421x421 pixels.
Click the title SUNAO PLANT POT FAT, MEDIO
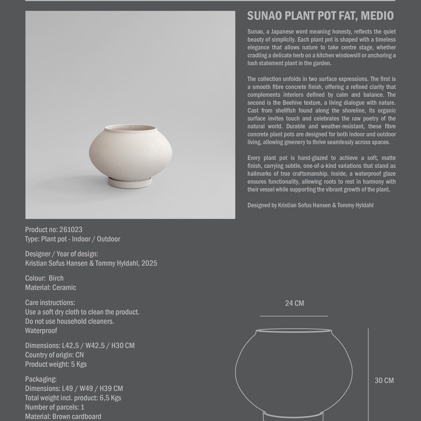coord(320,16)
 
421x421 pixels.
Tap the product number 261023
coord(71,230)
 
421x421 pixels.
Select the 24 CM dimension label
coord(294,303)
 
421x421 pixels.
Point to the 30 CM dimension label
coord(384,381)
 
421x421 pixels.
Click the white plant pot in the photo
coord(130,153)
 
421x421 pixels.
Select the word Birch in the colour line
coord(56,278)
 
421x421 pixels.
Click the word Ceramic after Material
coord(64,288)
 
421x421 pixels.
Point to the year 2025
coord(149,263)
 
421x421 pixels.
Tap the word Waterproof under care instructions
coord(41,331)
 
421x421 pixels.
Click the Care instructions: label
coord(50,303)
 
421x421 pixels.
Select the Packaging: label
coord(41,379)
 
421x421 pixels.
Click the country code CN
coord(79,355)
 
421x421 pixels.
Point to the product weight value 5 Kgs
coord(79,364)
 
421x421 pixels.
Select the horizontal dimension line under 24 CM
coord(294,316)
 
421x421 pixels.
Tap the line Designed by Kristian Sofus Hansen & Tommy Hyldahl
coord(310,205)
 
